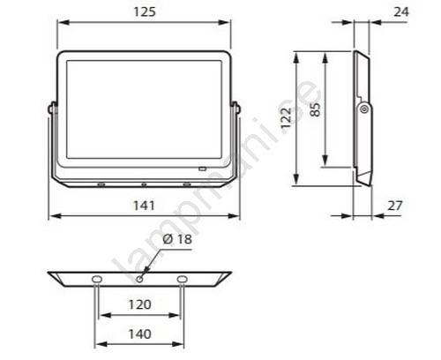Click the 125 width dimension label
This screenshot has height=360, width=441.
click(145, 11)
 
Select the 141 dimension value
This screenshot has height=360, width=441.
click(144, 206)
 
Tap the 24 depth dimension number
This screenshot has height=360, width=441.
click(401, 11)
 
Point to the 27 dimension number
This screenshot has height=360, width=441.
click(395, 206)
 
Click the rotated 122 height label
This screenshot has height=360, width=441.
click(286, 118)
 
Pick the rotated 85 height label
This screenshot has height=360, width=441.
click(316, 109)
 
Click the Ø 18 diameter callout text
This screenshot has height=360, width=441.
click(177, 239)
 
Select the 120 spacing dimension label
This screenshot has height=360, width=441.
click(140, 304)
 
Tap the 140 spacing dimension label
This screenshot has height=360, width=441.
click(140, 334)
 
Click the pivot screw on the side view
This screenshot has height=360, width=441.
click(364, 109)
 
